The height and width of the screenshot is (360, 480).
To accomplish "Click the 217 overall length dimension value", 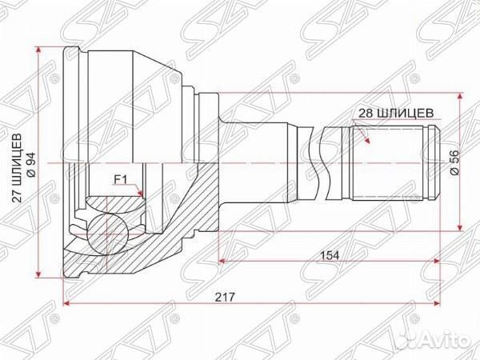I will [236, 296].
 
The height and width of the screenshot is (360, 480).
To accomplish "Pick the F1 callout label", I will [121, 179].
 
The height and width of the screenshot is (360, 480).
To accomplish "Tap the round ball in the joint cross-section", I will [107, 232].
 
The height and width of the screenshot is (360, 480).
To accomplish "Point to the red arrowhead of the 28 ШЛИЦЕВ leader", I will [367, 141].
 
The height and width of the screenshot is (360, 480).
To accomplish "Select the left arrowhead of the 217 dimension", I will [67, 304].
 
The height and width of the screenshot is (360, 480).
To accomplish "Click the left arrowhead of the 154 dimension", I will [222, 261].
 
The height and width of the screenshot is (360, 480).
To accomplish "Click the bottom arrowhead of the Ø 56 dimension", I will [459, 227].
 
